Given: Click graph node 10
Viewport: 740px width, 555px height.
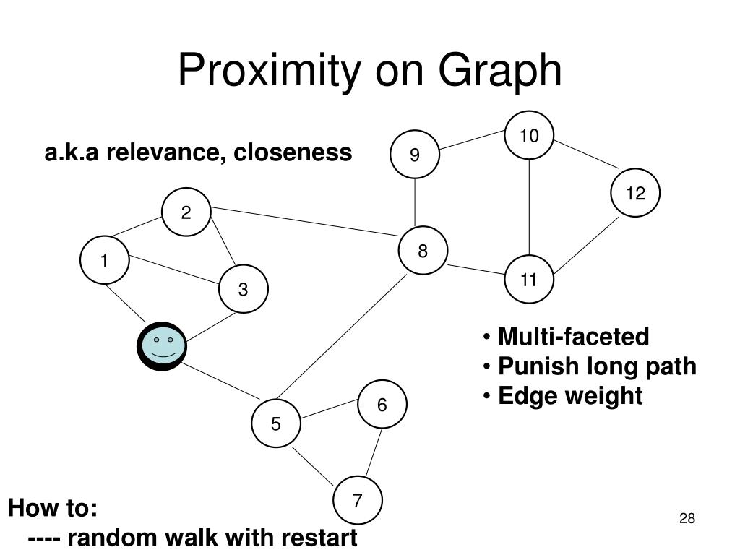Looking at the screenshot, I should [x=530, y=135].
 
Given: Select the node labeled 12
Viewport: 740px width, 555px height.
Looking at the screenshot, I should [x=635, y=193].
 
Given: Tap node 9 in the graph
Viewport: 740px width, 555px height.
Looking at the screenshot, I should [x=415, y=155].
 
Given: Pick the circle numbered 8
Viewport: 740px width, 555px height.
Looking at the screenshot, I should [x=423, y=251].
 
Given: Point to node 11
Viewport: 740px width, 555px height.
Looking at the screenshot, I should [x=529, y=280].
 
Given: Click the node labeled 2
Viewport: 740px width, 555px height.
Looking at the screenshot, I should [x=186, y=212].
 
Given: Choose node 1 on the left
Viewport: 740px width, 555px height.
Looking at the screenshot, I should [x=104, y=261].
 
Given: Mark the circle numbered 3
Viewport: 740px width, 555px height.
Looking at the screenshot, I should [x=244, y=289].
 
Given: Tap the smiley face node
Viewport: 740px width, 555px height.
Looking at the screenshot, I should [x=163, y=346].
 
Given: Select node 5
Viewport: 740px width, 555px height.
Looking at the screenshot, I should [x=276, y=423].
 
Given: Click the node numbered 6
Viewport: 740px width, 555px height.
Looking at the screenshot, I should [x=382, y=405].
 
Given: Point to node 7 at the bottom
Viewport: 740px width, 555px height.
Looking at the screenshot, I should [x=358, y=500].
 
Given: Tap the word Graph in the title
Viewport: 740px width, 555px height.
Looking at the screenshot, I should [x=499, y=72].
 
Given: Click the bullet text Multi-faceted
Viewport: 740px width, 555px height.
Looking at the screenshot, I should [x=573, y=336].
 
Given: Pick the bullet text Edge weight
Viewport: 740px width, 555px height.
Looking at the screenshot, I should [x=570, y=396].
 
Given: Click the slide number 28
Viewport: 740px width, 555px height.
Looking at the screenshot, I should [x=687, y=518].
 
